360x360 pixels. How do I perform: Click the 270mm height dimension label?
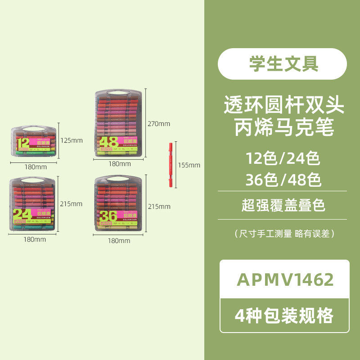click(159, 124)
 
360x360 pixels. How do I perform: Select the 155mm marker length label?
click(189, 165)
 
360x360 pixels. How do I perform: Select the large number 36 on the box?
click(108, 216)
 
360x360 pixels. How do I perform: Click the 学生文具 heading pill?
click(282, 64)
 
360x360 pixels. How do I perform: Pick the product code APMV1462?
click(285, 279)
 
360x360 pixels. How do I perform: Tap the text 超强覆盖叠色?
click(282, 205)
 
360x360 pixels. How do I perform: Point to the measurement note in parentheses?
click(284, 233)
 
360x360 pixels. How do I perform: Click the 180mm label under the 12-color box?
click(35, 167)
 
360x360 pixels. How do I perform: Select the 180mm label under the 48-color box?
click(119, 164)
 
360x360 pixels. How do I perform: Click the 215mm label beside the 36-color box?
click(159, 207)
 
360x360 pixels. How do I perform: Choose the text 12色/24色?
click(283, 158)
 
